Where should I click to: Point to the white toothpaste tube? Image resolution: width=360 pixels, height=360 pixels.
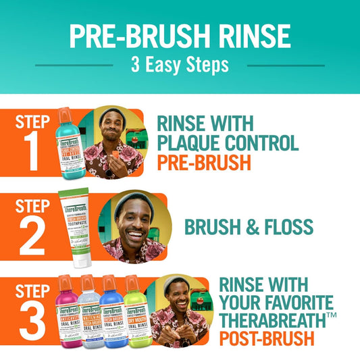pyautogui.click(x=76, y=228)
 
